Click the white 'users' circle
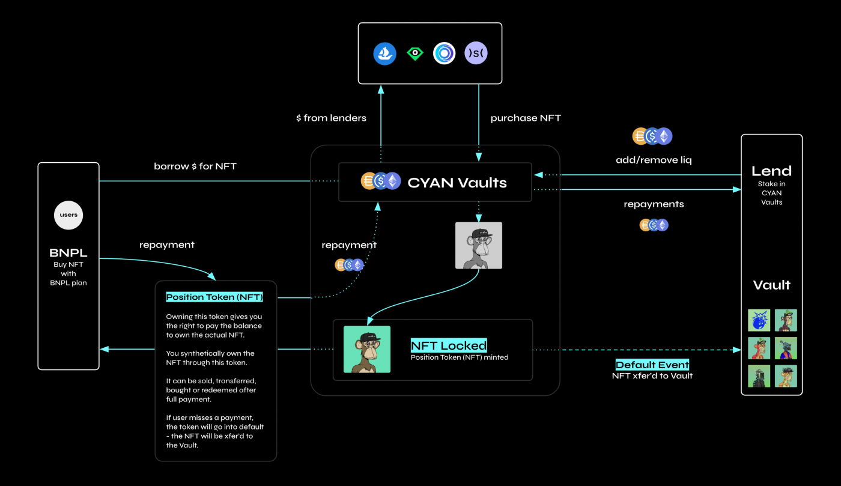click(68, 215)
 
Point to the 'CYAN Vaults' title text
click(457, 183)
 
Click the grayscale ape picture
click(478, 245)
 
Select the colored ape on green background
click(367, 349)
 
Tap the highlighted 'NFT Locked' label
click(449, 345)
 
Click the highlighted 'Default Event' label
click(652, 365)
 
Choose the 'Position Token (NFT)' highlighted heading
click(214, 297)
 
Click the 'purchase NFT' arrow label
click(526, 118)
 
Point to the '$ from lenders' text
click(331, 118)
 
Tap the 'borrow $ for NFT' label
click(195, 166)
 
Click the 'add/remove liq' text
click(652, 160)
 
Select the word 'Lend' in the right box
click(771, 171)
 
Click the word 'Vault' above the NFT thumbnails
click(771, 285)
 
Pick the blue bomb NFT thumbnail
click(759, 320)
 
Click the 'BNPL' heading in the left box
click(68, 252)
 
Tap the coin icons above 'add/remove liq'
click(652, 136)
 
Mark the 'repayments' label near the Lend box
click(654, 204)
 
